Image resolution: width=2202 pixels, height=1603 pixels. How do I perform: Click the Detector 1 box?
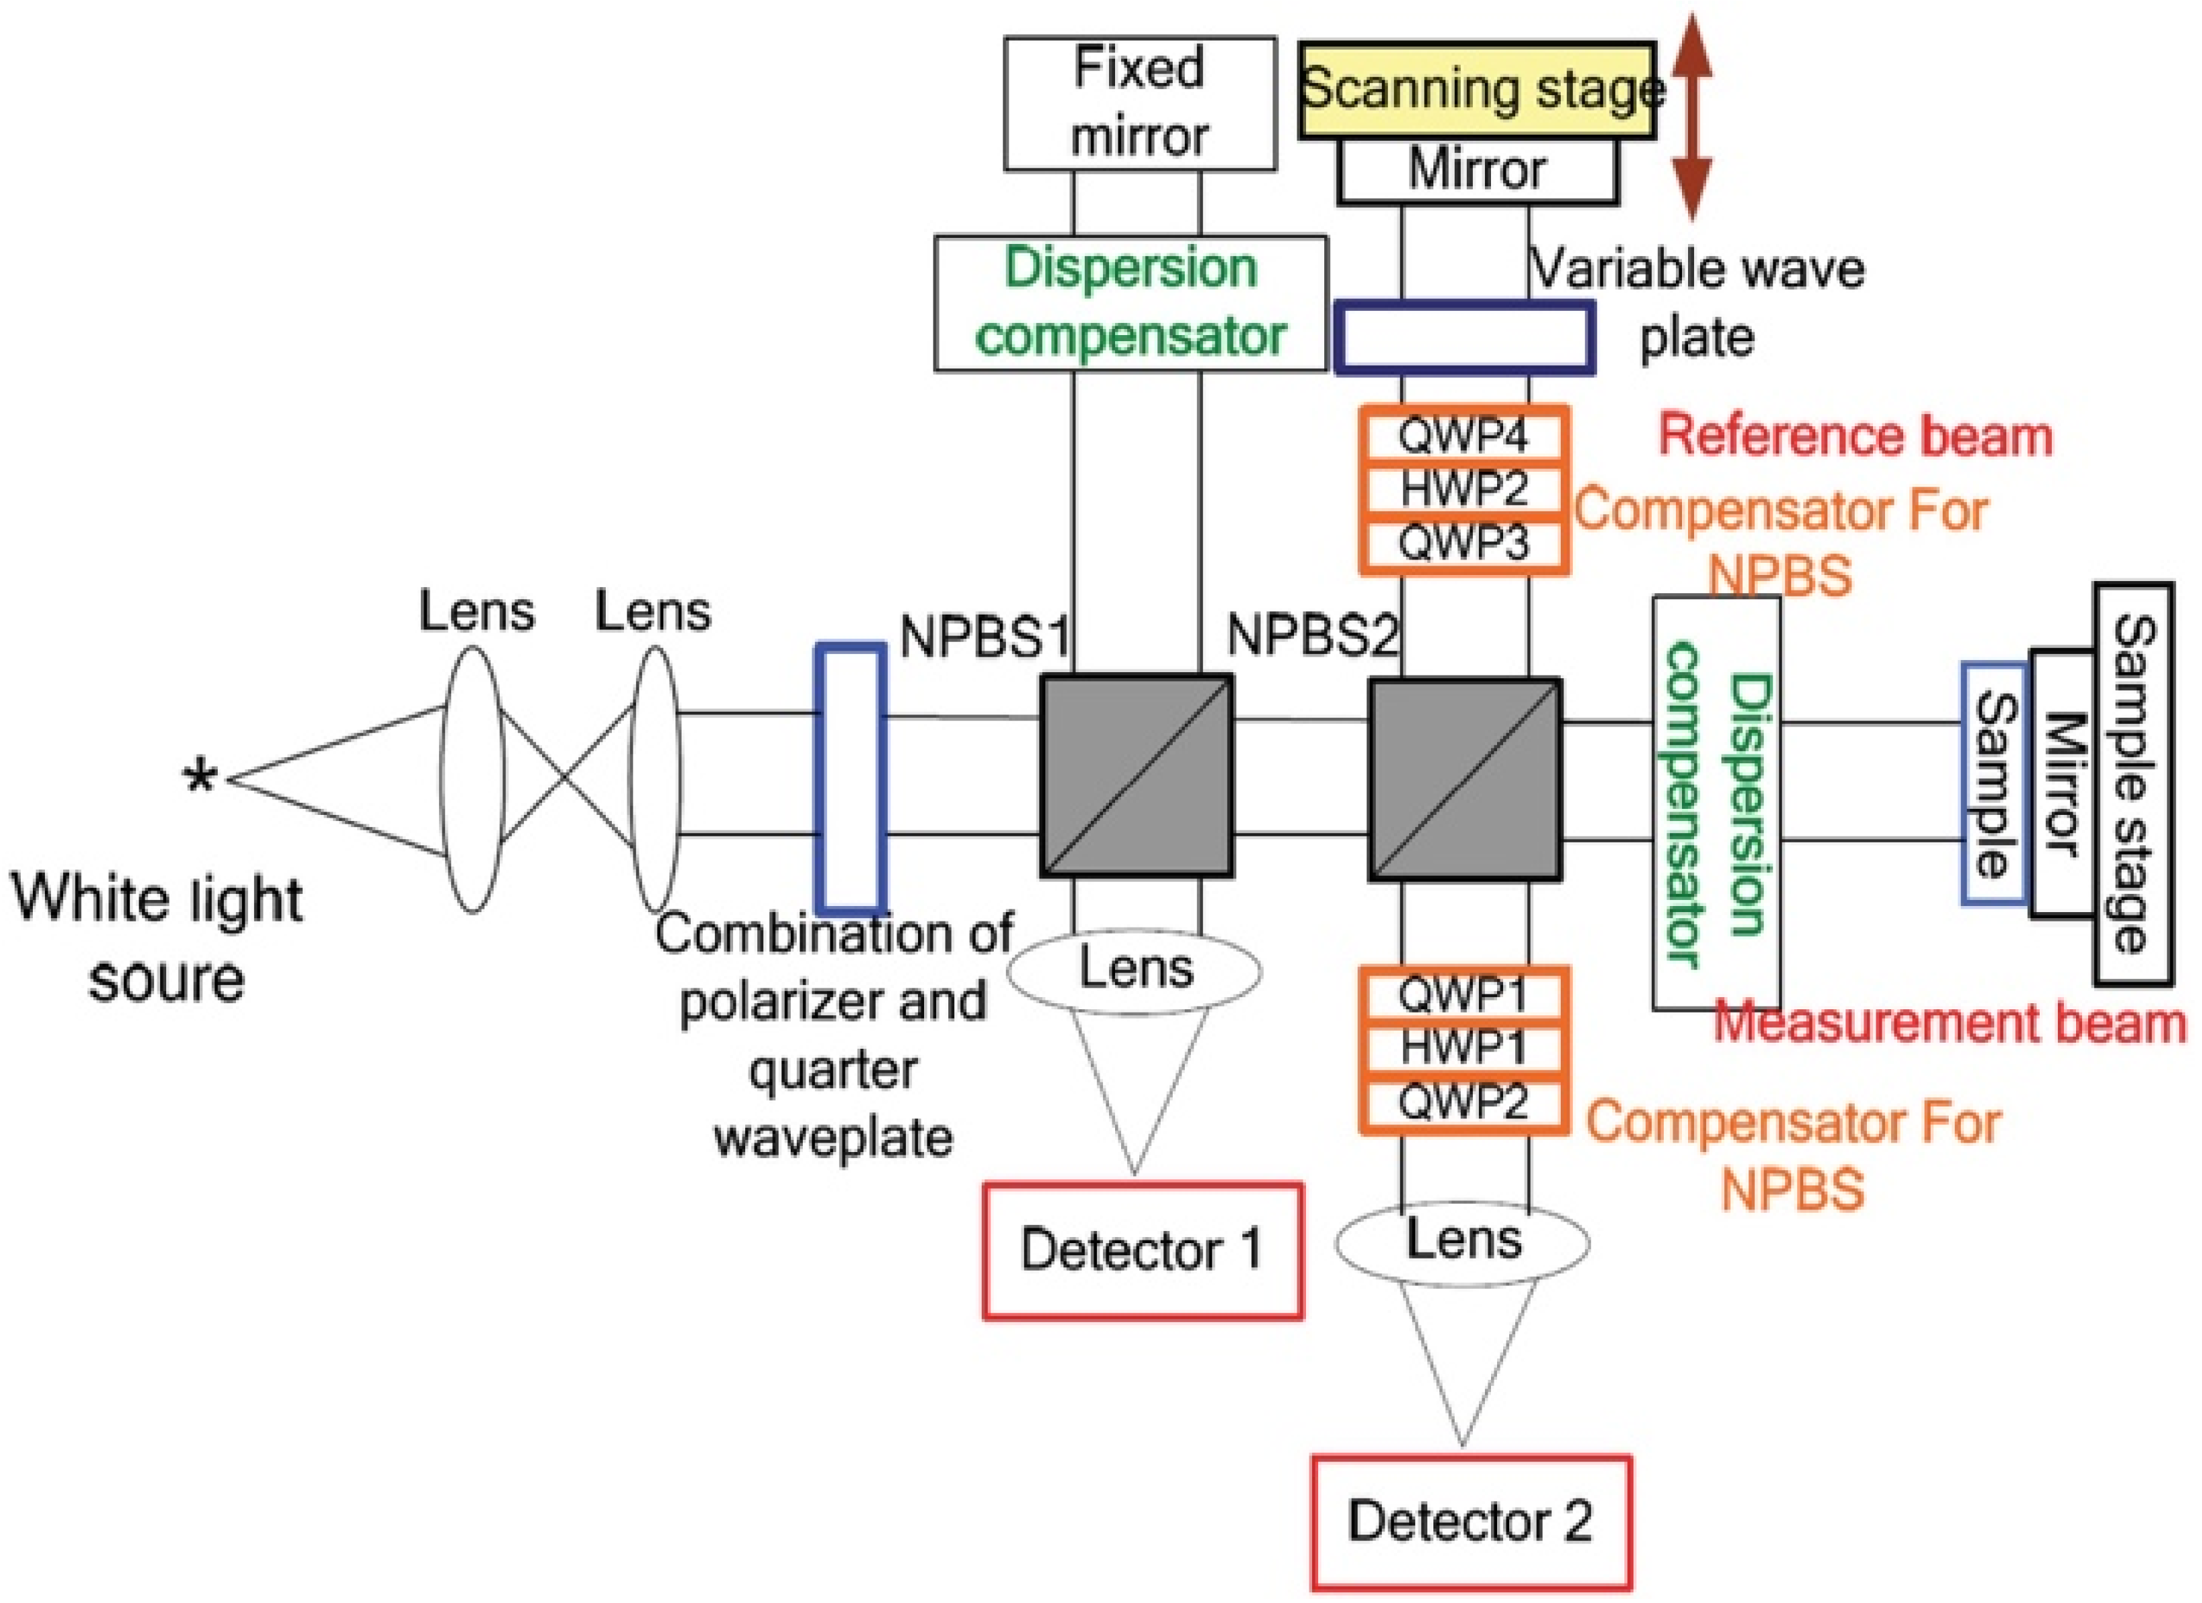click(1142, 1251)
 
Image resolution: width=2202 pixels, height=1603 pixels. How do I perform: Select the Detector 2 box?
click(1470, 1521)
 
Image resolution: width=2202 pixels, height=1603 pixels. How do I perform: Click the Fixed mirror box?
click(1139, 103)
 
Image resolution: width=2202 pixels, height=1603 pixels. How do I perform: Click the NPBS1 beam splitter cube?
click(1136, 777)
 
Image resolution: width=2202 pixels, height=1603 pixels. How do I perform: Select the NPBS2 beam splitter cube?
click(1464, 779)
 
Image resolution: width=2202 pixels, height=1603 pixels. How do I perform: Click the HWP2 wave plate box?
click(1463, 489)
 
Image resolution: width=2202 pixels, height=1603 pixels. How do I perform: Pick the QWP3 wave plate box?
click(1463, 543)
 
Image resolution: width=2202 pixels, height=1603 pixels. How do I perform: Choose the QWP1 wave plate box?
click(1463, 995)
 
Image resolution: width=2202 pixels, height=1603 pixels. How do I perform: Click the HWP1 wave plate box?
click(1463, 1047)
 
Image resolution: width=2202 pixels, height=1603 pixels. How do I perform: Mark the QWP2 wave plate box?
click(1463, 1102)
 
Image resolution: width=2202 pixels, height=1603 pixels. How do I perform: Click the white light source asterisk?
click(201, 779)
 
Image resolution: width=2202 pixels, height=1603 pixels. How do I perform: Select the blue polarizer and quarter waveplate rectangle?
click(850, 779)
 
